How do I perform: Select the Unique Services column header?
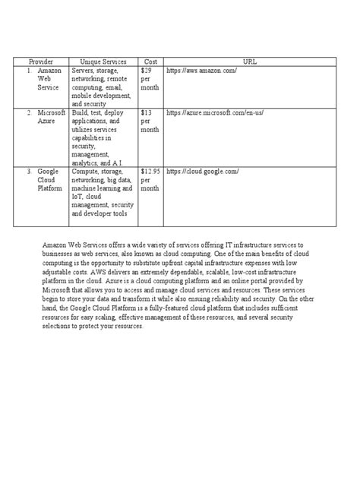100,60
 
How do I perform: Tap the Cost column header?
149,60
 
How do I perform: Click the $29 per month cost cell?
149,78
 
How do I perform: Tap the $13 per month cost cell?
149,120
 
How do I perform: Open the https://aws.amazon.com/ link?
201,70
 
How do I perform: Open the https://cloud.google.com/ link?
203,172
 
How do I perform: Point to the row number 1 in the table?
29,70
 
